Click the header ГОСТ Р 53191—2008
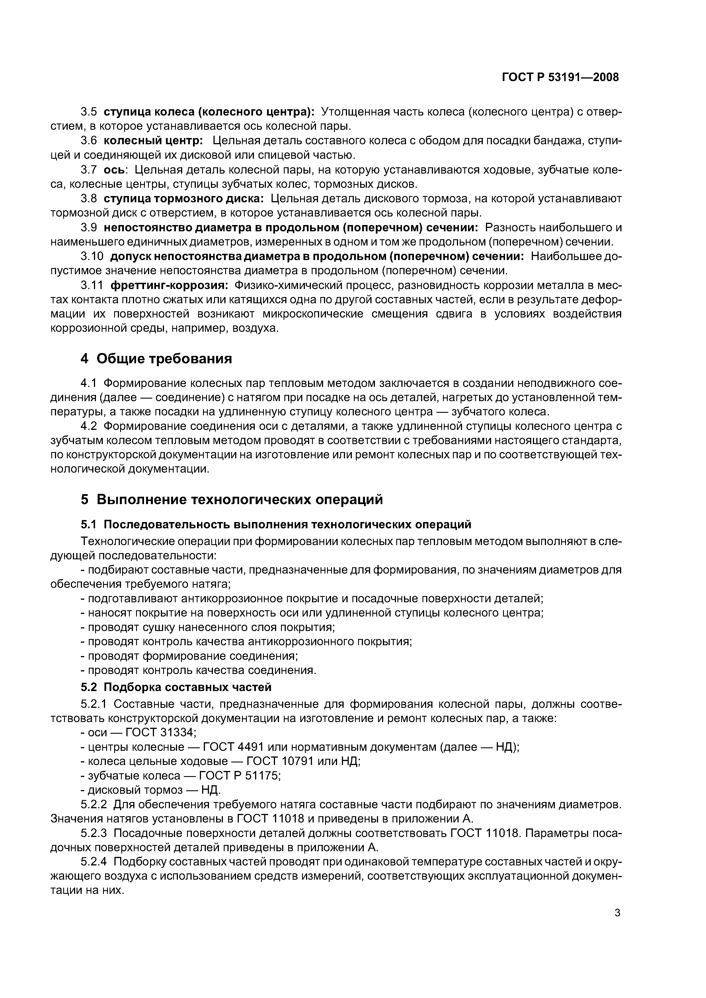(x=560, y=77)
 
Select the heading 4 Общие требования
(x=156, y=358)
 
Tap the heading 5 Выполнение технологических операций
(x=231, y=500)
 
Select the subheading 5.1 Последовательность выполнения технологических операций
(x=276, y=525)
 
